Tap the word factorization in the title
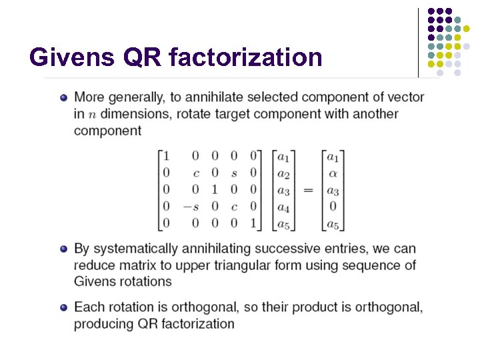246,57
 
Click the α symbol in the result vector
331,174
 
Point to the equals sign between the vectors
308,191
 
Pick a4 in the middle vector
283,207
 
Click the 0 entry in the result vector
331,207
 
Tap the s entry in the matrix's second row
234,174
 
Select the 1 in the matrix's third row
215,191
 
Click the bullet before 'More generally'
63,97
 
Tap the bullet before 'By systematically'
63,249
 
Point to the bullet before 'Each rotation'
63,308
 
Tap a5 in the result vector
331,223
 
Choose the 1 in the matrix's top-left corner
166,157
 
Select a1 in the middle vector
283,157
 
